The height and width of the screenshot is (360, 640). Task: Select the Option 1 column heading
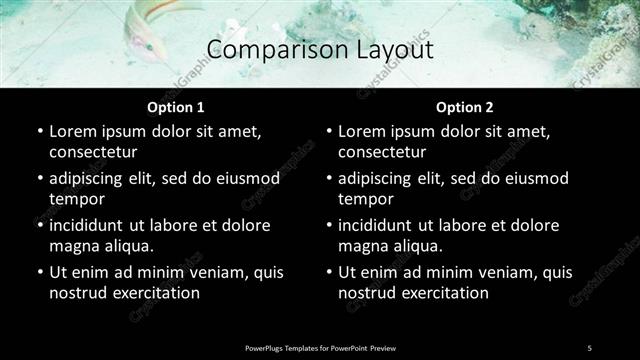click(175, 107)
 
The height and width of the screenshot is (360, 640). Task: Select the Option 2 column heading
click(464, 107)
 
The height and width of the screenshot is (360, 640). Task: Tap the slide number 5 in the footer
click(590, 347)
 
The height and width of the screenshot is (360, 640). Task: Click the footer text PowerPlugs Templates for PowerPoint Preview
click(320, 347)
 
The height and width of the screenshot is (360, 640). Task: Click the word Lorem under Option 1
click(75, 131)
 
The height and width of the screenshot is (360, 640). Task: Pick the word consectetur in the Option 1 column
click(93, 152)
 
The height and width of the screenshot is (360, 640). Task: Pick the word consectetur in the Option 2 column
click(382, 152)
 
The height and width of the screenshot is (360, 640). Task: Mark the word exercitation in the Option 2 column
click(443, 293)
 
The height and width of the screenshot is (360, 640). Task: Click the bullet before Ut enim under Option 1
click(39, 272)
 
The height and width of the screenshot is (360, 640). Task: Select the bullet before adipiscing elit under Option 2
click(328, 178)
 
